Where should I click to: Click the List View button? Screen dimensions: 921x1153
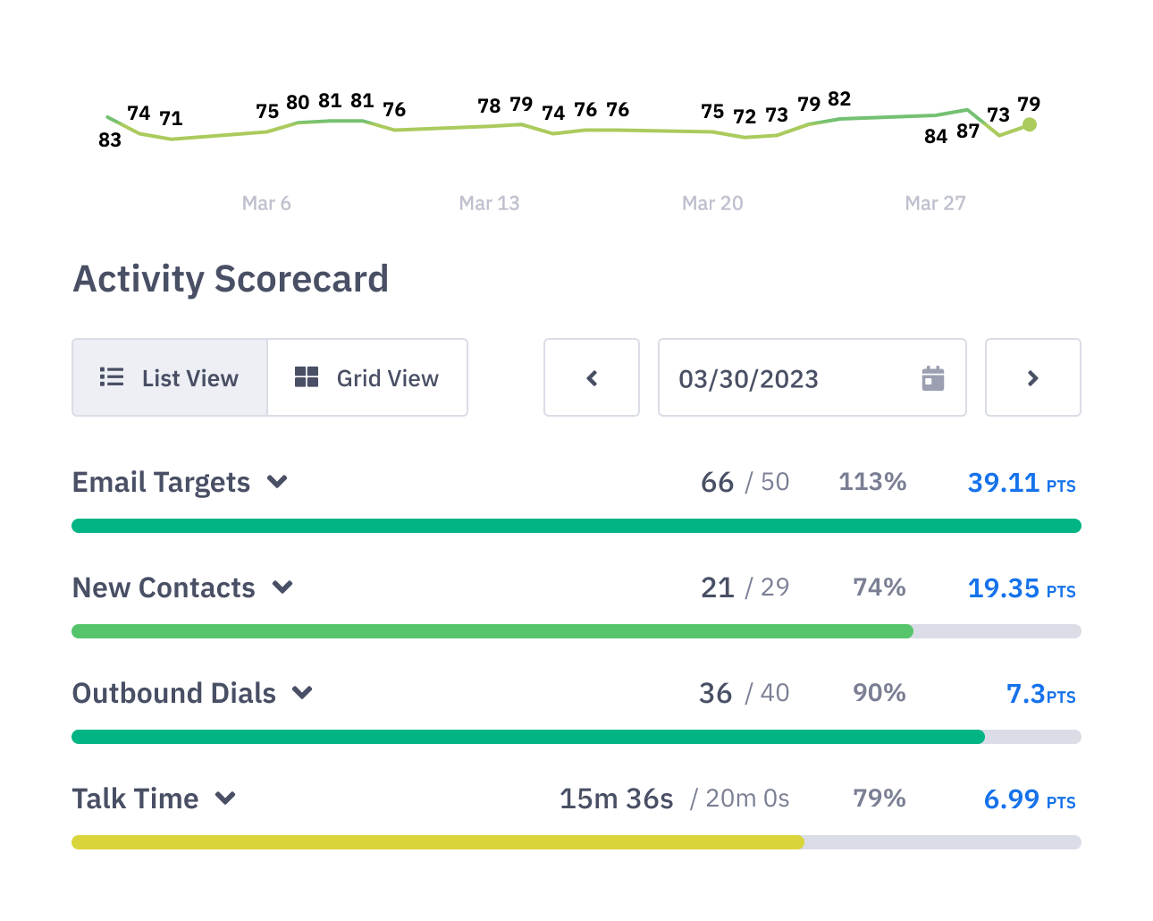coord(170,378)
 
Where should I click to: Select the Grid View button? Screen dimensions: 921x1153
coord(367,378)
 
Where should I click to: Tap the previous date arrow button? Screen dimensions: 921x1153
coord(592,378)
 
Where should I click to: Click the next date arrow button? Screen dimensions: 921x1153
coord(1032,378)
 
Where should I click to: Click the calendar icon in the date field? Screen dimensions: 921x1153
coord(932,378)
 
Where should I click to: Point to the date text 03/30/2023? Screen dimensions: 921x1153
coord(748,379)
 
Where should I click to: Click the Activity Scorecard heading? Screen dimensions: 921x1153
coord(231,279)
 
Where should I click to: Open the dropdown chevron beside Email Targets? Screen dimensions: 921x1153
coord(277,482)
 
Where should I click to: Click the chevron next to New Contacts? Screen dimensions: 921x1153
coord(282,587)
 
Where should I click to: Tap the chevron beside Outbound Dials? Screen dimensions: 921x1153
coord(303,693)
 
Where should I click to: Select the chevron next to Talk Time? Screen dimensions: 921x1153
coord(226,798)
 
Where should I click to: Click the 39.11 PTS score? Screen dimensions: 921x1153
coord(1021,483)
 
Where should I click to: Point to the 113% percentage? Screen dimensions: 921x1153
coord(872,482)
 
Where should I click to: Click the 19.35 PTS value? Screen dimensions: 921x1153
coord(1021,588)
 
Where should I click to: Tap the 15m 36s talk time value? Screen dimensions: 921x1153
coord(616,798)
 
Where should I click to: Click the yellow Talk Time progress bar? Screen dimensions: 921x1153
coord(438,842)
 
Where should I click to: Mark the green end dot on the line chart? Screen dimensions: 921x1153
coord(1030,125)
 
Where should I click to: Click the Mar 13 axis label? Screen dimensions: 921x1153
coord(489,203)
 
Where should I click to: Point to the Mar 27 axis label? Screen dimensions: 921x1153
coord(935,203)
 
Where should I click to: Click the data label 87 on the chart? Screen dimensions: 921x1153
coord(968,131)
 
